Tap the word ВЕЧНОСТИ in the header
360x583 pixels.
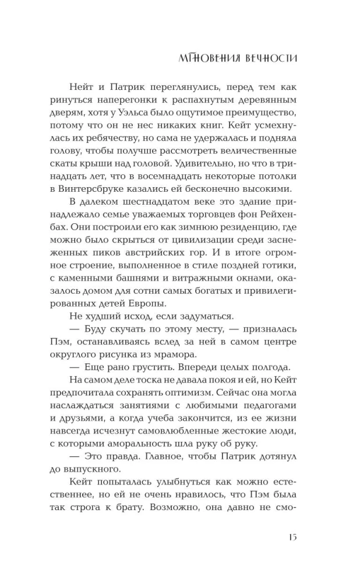[269, 58]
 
